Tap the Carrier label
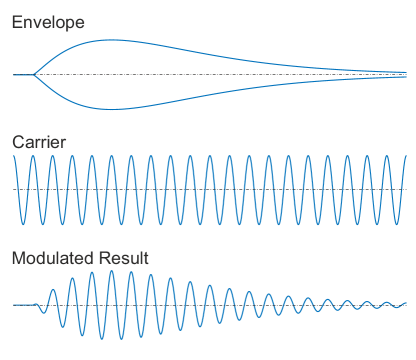pyautogui.click(x=39, y=142)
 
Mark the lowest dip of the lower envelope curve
pyautogui.click(x=110, y=108)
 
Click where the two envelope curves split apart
pyautogui.click(x=34, y=74)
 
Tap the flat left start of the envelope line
pyautogui.click(x=20, y=74)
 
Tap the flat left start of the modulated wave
pyautogui.click(x=20, y=305)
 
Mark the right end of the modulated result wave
pyautogui.click(x=406, y=303)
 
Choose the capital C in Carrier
pyautogui.click(x=17, y=142)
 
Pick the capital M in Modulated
pyautogui.click(x=18, y=258)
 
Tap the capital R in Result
pyautogui.click(x=113, y=258)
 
